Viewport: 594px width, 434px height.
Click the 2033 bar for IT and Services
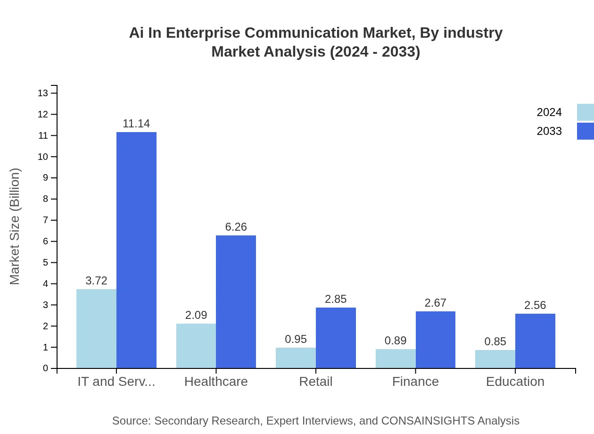point(136,250)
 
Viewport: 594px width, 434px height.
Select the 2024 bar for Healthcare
point(196,346)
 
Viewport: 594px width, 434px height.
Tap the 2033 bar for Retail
point(336,338)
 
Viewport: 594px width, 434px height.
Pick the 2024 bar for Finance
point(396,359)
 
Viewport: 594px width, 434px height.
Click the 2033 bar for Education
point(535,341)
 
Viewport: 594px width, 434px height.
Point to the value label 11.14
point(136,124)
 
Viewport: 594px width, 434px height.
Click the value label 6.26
point(236,227)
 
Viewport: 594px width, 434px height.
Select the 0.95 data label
point(296,339)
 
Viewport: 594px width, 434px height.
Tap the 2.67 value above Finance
point(435,303)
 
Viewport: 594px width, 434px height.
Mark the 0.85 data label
point(495,342)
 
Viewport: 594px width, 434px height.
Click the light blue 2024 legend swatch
point(585,112)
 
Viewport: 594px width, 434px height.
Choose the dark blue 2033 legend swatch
point(585,131)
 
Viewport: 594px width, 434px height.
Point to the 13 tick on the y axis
point(43,93)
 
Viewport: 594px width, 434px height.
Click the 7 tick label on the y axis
point(45,220)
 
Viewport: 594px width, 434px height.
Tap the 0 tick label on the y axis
point(45,368)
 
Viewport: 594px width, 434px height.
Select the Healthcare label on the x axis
point(216,381)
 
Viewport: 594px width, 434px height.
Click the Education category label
point(515,381)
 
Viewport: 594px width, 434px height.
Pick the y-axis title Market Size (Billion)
point(15,226)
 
